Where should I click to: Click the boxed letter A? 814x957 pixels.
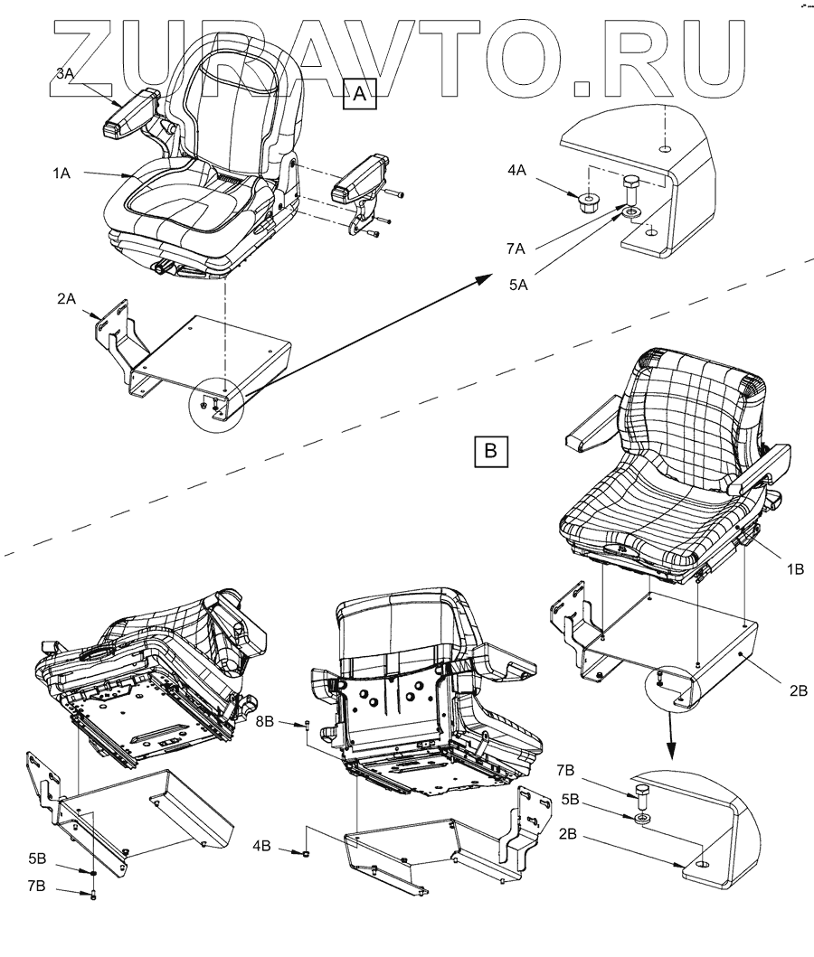tap(360, 93)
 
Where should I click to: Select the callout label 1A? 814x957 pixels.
tap(62, 175)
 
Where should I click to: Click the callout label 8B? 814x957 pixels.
tap(269, 723)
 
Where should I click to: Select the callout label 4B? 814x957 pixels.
tap(262, 848)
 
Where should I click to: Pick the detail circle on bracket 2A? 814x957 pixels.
tap(214, 404)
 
